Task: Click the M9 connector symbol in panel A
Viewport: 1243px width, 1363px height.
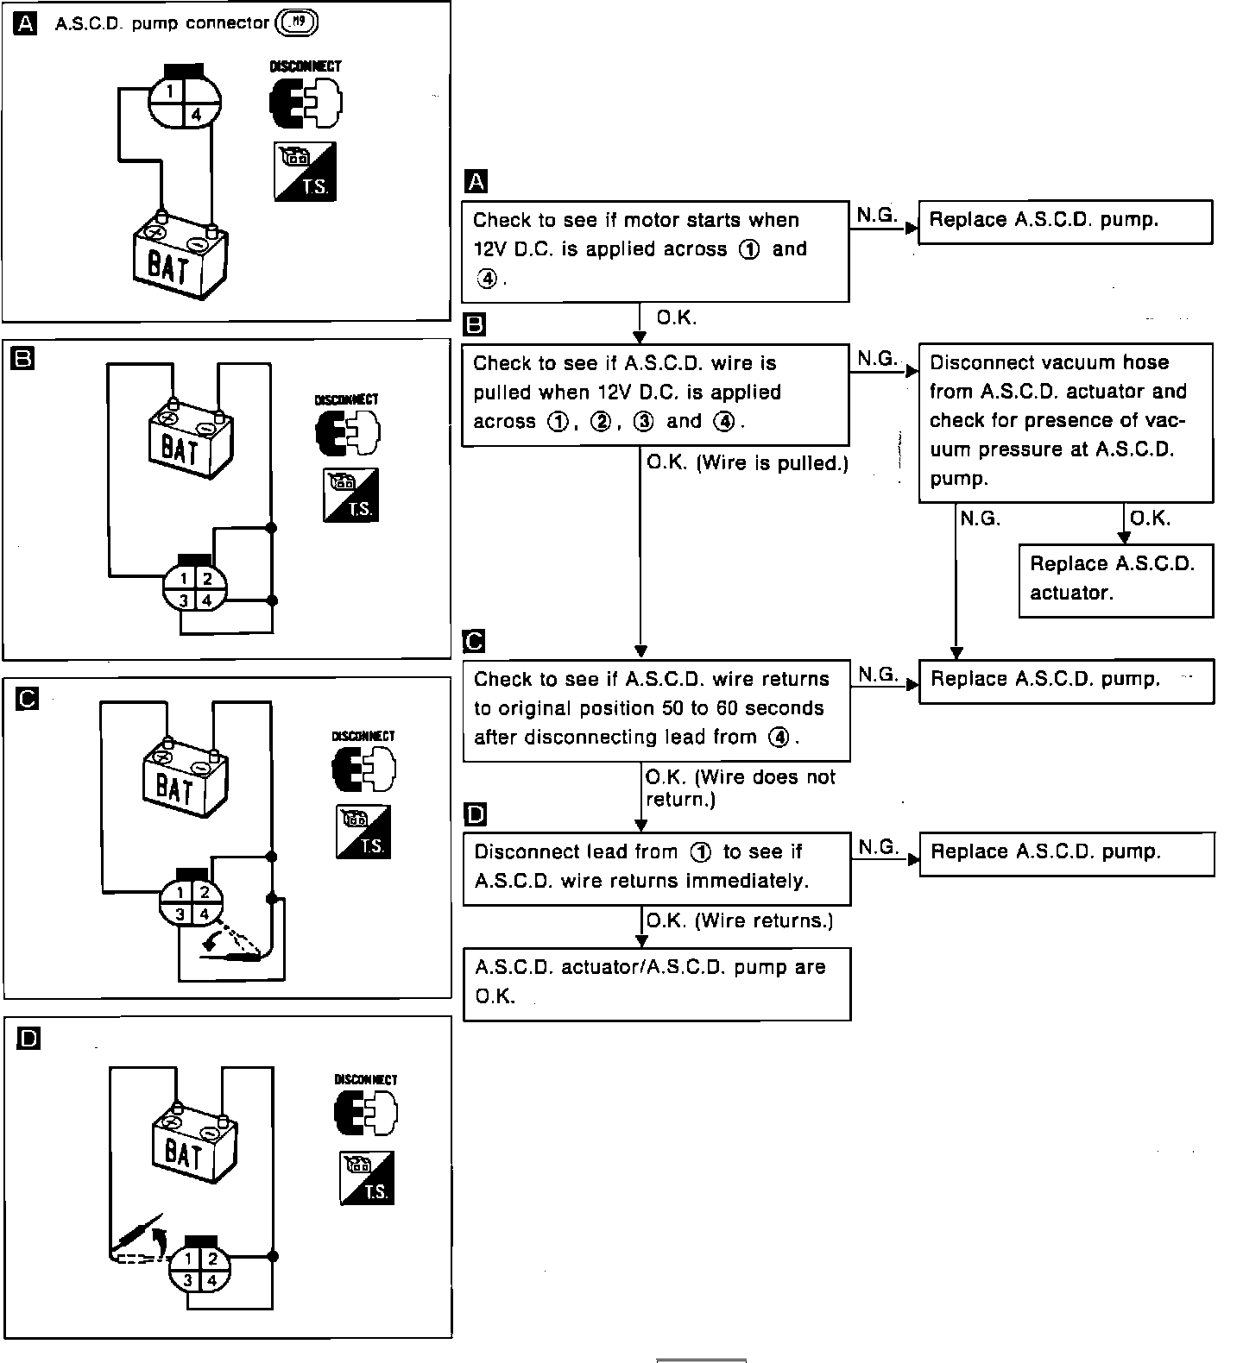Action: [x=296, y=23]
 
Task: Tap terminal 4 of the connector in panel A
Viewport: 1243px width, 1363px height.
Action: [x=196, y=113]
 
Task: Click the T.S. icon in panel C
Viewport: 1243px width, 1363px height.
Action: [x=363, y=832]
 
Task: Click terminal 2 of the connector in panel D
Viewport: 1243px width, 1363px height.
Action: [x=212, y=1259]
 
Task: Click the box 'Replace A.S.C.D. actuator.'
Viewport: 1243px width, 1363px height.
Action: [x=1115, y=579]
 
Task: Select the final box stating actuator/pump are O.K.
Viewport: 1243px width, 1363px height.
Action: [x=656, y=983]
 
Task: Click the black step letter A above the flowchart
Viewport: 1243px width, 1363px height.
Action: [x=476, y=181]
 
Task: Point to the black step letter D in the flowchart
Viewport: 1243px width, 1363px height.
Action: [x=476, y=814]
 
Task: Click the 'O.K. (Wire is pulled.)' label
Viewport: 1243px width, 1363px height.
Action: [x=748, y=463]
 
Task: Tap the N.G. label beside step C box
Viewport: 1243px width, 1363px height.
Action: [x=877, y=675]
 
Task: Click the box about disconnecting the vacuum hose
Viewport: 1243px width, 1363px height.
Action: [x=1065, y=421]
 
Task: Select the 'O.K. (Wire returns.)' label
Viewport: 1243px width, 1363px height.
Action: [x=739, y=920]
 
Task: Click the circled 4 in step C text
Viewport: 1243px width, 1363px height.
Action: [x=779, y=738]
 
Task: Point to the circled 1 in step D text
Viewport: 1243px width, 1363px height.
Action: [x=700, y=852]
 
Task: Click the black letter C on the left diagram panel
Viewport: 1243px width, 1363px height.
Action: [x=28, y=699]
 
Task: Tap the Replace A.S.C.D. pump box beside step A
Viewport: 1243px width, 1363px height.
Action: [x=1065, y=221]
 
